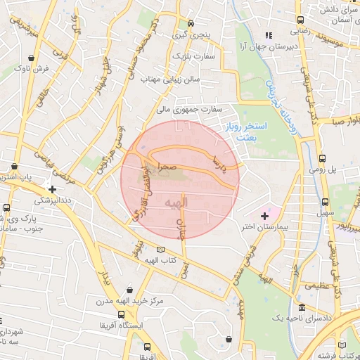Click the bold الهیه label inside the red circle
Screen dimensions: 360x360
tap(176, 203)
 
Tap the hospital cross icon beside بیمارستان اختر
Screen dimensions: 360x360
tap(264, 215)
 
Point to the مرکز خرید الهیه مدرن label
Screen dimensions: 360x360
tap(131, 301)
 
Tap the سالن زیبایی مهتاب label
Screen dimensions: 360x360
tap(172, 79)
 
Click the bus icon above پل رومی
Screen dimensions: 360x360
tap(322, 159)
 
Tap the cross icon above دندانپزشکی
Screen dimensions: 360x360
tap(52, 189)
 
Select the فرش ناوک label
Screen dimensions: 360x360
tap(32, 69)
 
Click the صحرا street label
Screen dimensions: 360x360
tap(167, 167)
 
